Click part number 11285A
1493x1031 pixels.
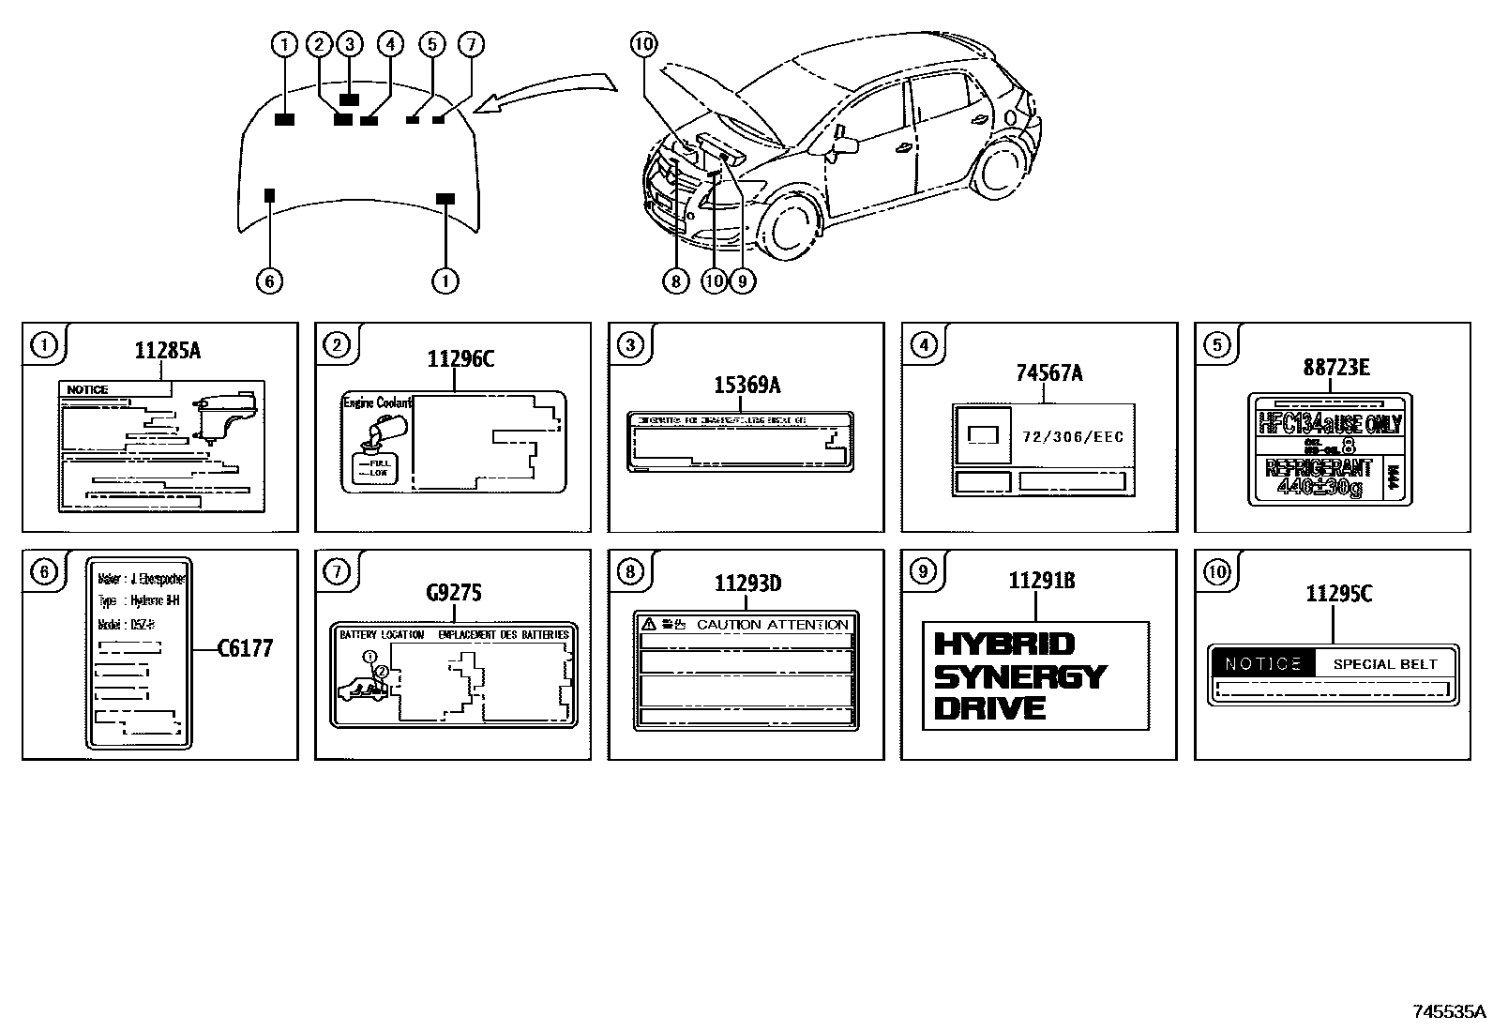point(168,351)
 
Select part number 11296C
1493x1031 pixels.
point(460,359)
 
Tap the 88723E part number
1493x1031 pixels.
point(1335,368)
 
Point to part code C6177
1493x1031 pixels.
point(245,648)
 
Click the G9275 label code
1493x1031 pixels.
point(454,592)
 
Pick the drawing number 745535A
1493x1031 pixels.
point(1450,1011)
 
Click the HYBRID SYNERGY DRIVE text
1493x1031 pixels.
point(1020,675)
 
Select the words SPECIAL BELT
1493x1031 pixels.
point(1385,664)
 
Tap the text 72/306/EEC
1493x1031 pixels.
point(1073,437)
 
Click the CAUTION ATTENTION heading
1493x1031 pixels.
point(772,625)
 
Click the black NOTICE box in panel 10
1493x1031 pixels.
point(1262,664)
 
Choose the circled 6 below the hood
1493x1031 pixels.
point(269,280)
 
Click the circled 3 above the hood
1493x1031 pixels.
point(349,43)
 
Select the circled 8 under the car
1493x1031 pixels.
point(675,280)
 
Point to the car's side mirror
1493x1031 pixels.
point(845,144)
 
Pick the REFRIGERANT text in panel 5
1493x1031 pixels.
point(1319,468)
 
